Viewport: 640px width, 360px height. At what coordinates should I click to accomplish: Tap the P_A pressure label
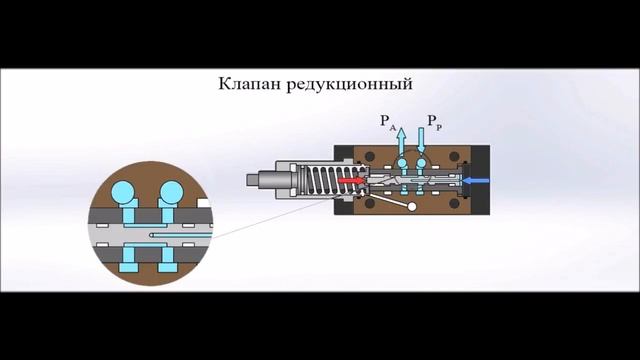(388, 123)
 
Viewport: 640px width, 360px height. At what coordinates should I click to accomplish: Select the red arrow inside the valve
(350, 181)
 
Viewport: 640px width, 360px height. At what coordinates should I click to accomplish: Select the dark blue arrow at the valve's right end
(478, 181)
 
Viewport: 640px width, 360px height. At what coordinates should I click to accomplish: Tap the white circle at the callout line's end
(409, 206)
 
